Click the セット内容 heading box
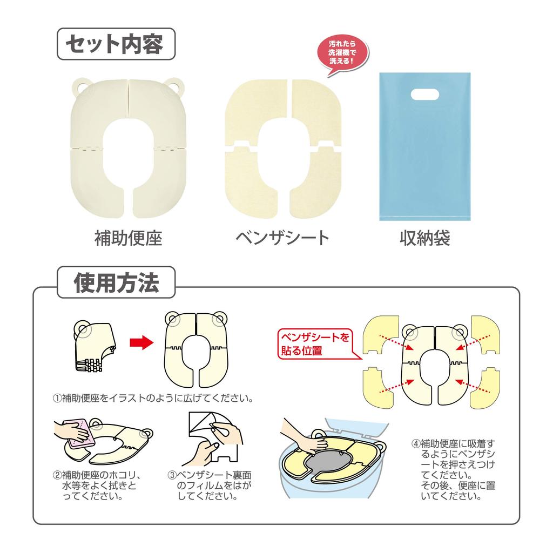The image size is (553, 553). tap(116, 44)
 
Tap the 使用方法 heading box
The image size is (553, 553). tap(116, 282)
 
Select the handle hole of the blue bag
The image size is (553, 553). tap(425, 95)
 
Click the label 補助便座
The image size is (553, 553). tap(129, 238)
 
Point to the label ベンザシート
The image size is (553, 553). tap(282, 238)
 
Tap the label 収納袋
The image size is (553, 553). tap(424, 238)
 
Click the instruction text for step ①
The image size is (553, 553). tap(153, 399)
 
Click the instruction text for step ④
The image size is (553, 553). tap(454, 469)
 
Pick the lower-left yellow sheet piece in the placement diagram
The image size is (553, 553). tap(379, 388)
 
